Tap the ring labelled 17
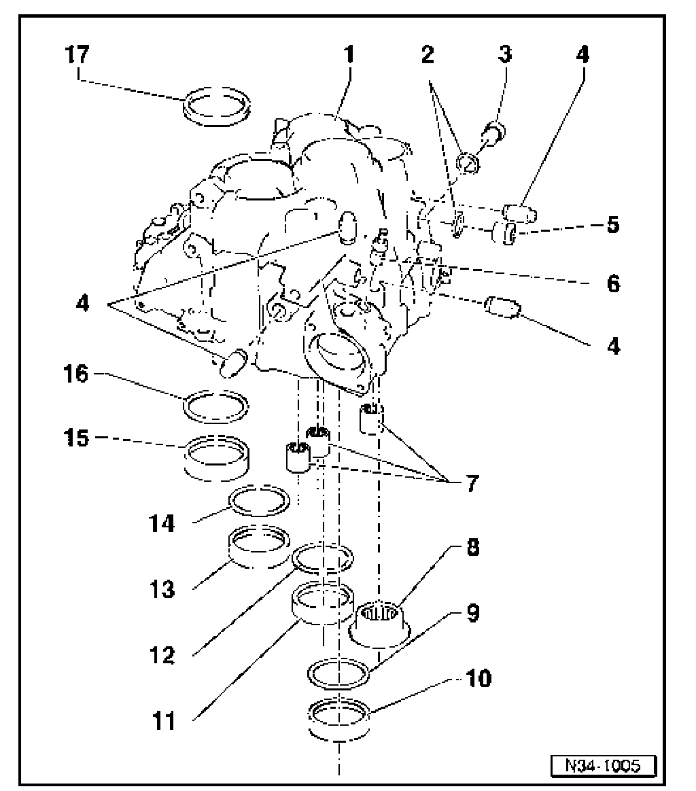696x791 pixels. (217, 107)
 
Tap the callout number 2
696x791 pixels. (428, 55)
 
